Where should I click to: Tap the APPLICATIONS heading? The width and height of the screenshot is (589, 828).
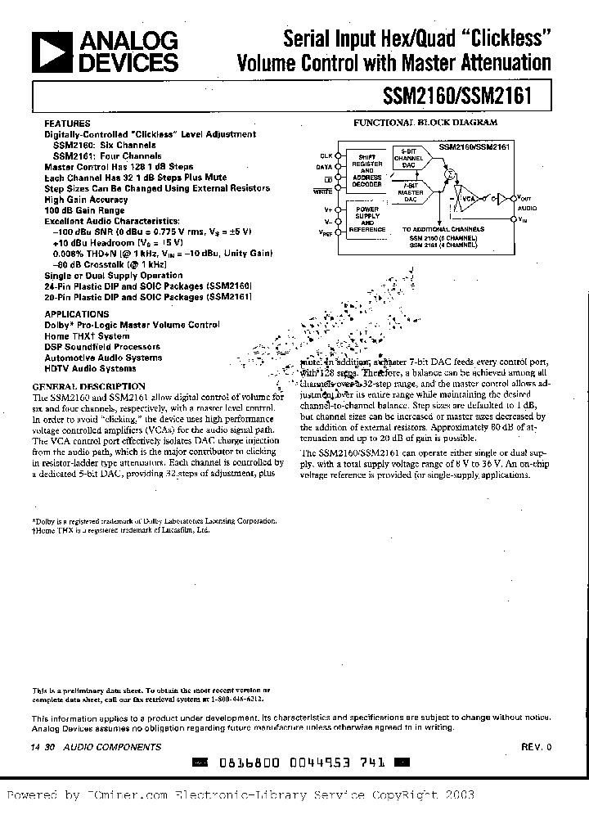tap(76, 314)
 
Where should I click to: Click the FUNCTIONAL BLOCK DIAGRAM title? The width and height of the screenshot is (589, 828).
tap(424, 122)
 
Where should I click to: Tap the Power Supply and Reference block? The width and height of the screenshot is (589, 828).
tap(367, 219)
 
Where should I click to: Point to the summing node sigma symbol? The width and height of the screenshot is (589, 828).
tap(448, 173)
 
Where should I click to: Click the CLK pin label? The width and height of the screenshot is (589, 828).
tap(326, 155)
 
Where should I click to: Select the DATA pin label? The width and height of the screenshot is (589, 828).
tap(325, 166)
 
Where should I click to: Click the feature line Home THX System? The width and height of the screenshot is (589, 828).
tap(87, 336)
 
